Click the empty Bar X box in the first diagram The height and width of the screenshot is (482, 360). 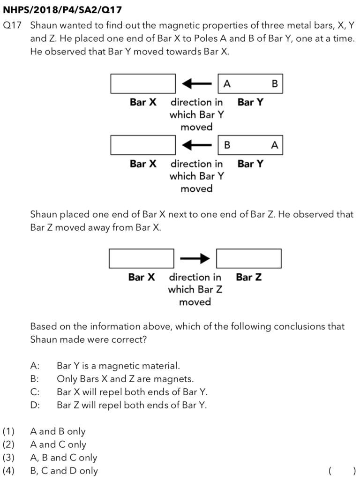pyautogui.click(x=143, y=83)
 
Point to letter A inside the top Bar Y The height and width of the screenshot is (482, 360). pyautogui.click(x=227, y=84)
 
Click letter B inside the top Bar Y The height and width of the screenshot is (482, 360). pyautogui.click(x=275, y=84)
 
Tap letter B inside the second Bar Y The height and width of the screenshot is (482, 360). pyautogui.click(x=227, y=145)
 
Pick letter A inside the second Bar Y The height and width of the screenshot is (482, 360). pyautogui.click(x=275, y=145)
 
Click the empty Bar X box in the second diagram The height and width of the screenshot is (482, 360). pyautogui.click(x=143, y=145)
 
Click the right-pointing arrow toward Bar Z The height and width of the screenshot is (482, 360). pyautogui.click(x=195, y=258)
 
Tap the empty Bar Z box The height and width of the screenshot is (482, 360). pyautogui.click(x=248, y=258)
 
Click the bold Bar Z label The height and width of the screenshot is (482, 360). pyautogui.click(x=249, y=277)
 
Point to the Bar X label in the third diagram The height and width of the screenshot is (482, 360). pyautogui.click(x=142, y=277)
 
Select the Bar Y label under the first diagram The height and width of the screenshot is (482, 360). pyautogui.click(x=250, y=102)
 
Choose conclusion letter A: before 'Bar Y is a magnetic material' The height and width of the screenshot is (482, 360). pyautogui.click(x=35, y=366)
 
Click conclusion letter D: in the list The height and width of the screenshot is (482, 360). pyautogui.click(x=35, y=405)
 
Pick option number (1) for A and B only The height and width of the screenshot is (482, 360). pyautogui.click(x=9, y=431)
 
